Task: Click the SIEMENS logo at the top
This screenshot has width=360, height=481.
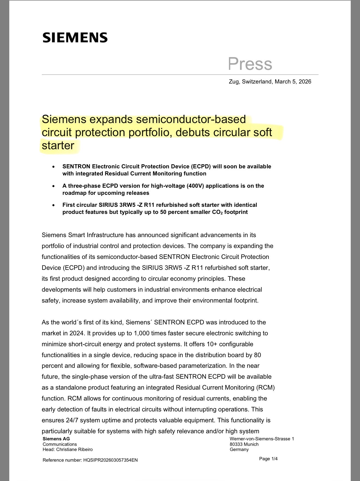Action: click(x=75, y=38)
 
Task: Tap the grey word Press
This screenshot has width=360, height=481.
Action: click(x=250, y=64)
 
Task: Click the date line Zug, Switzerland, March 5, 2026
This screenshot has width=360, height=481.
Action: click(x=270, y=82)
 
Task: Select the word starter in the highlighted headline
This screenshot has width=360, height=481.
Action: click(x=58, y=145)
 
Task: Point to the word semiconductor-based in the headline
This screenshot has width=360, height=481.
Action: click(x=191, y=119)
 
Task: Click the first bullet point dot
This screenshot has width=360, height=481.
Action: click(x=54, y=166)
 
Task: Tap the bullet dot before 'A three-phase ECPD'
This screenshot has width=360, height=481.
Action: click(x=54, y=186)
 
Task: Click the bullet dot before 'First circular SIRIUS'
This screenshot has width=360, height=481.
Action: click(x=54, y=205)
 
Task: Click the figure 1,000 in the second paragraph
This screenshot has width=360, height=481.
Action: click(x=141, y=333)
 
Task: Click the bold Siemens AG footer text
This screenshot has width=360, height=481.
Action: click(x=56, y=439)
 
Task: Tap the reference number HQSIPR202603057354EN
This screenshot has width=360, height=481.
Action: click(x=110, y=460)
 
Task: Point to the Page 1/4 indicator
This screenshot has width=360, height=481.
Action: click(x=268, y=459)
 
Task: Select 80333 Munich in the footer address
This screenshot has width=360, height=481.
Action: click(x=244, y=444)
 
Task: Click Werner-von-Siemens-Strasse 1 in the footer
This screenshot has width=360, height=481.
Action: click(x=262, y=439)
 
